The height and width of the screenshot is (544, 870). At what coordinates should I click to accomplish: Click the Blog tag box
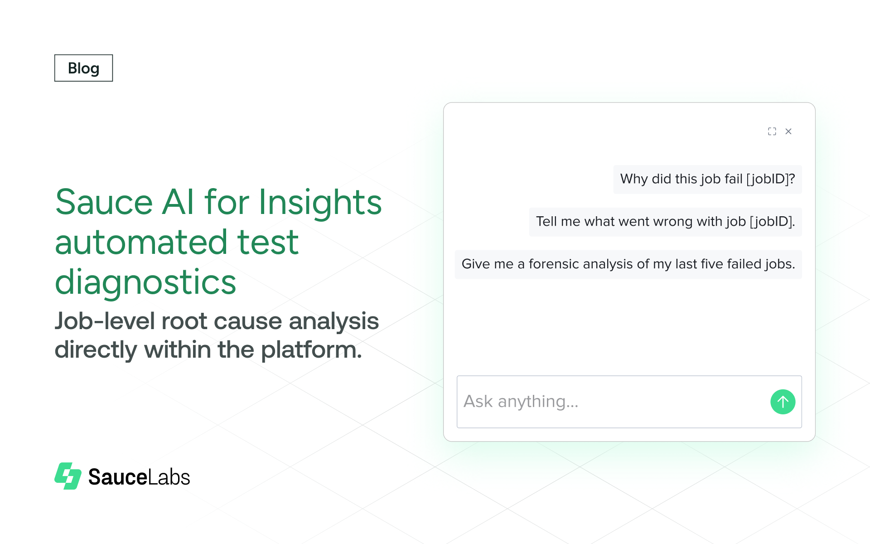(x=83, y=68)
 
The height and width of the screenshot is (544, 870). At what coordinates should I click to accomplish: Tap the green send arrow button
(x=783, y=402)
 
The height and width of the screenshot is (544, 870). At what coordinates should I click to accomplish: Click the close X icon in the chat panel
(x=788, y=131)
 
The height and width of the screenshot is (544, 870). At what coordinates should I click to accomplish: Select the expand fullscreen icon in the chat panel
(x=772, y=131)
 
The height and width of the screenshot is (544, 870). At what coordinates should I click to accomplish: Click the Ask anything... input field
(x=607, y=402)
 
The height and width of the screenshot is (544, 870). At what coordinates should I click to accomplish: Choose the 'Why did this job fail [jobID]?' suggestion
(x=707, y=179)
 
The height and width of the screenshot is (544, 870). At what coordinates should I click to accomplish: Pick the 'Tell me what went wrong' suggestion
(x=665, y=222)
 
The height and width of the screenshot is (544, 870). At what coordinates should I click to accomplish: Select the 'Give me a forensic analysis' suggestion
(x=628, y=264)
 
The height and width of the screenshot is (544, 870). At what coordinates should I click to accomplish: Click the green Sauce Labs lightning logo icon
(x=68, y=476)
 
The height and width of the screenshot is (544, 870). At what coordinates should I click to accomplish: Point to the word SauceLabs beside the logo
(x=139, y=477)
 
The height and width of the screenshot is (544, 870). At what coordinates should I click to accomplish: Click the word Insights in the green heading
(x=320, y=202)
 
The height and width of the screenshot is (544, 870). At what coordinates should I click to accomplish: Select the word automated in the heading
(x=141, y=242)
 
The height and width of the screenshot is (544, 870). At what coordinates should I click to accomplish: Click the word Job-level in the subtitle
(x=105, y=321)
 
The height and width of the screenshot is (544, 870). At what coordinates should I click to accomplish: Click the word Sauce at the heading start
(x=104, y=202)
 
